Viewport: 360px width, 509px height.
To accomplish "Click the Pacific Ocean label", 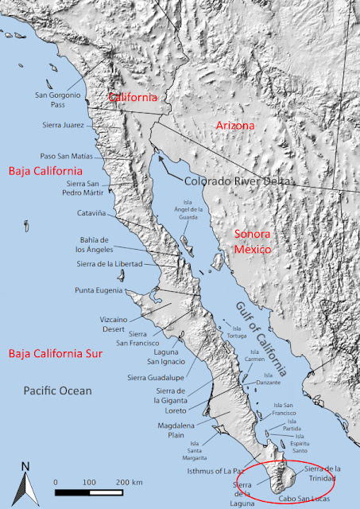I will (x=57, y=390).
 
